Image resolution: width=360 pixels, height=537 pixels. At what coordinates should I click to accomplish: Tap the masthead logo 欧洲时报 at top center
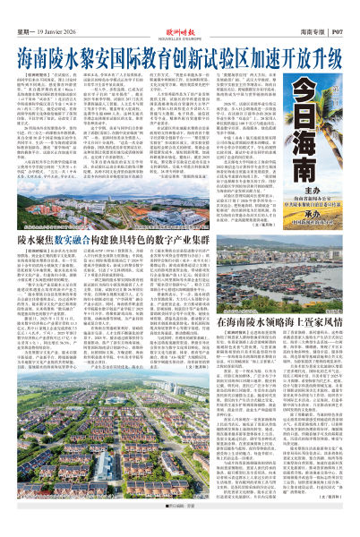click(x=180, y=9)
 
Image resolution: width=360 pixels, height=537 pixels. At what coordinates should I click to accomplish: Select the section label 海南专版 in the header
click(x=308, y=12)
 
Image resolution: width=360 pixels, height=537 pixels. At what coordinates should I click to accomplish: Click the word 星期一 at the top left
click(x=27, y=12)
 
